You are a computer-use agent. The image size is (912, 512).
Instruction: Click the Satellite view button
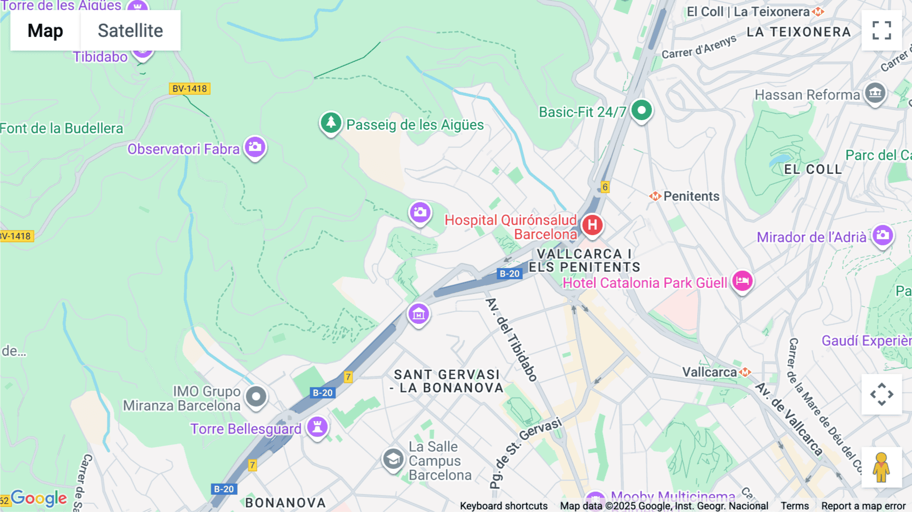pyautogui.click(x=130, y=30)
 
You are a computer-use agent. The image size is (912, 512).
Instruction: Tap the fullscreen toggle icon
pyautogui.click(x=882, y=30)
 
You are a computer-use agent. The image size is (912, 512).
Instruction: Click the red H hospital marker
pyautogui.click(x=592, y=225)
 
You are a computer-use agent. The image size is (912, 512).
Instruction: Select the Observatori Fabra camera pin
pyautogui.click(x=255, y=147)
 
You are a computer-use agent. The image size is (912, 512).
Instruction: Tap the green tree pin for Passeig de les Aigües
pyautogui.click(x=331, y=123)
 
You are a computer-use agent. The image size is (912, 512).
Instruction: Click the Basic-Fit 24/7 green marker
pyautogui.click(x=641, y=110)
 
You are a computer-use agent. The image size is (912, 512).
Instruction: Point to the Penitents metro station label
pyautogui.click(x=691, y=196)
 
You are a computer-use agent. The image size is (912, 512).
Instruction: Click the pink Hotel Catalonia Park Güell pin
pyautogui.click(x=742, y=280)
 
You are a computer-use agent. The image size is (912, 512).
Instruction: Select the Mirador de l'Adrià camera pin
pyautogui.click(x=883, y=235)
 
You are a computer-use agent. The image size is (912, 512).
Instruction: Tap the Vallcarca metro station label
pyautogui.click(x=709, y=372)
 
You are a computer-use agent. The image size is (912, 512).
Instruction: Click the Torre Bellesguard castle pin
pyautogui.click(x=318, y=426)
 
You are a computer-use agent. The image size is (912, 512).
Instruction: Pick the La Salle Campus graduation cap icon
pyautogui.click(x=393, y=459)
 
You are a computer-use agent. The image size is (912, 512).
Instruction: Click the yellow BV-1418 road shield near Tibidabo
pyautogui.click(x=189, y=89)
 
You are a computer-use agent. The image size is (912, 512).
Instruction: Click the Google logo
pyautogui.click(x=39, y=498)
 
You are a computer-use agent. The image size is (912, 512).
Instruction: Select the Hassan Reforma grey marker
pyautogui.click(x=875, y=93)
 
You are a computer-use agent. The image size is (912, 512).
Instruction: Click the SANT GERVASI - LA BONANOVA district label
pyautogui.click(x=447, y=381)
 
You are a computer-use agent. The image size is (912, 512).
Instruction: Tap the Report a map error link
pyautogui.click(x=863, y=506)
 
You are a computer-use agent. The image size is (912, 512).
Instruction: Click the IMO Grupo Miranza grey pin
pyautogui.click(x=256, y=396)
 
